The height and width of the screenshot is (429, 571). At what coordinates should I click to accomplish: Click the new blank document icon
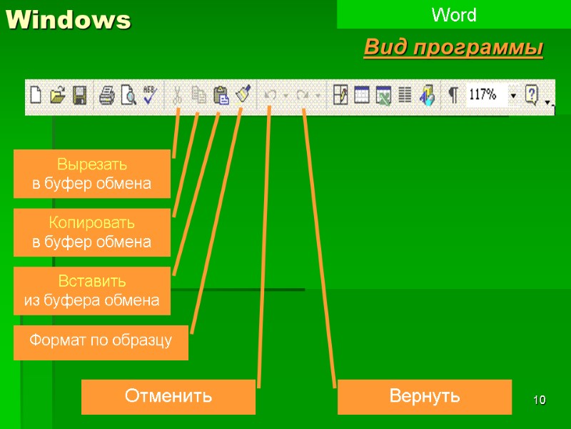[x=36, y=95]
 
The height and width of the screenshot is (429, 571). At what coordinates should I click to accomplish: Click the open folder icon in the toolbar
[x=58, y=95]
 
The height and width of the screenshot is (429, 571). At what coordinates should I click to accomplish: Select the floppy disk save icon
[x=79, y=95]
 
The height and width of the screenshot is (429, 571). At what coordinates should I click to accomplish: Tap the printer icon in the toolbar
[x=106, y=95]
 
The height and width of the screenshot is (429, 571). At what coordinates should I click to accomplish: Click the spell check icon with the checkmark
[x=149, y=95]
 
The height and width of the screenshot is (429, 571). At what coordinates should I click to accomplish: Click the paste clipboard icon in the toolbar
[x=221, y=95]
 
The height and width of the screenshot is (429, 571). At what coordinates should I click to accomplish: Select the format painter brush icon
[x=243, y=94]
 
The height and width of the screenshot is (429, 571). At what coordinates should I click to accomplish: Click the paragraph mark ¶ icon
[x=453, y=95]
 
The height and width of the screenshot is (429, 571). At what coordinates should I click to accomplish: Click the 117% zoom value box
[x=485, y=95]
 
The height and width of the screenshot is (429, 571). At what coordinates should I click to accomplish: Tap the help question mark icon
[x=531, y=95]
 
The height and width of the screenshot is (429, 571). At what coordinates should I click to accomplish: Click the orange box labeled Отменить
[x=168, y=396]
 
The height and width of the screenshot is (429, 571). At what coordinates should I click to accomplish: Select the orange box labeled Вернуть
[x=424, y=396]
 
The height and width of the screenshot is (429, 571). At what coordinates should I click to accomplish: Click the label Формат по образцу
[x=101, y=341]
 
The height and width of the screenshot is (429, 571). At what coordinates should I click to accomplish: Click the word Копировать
[x=92, y=224]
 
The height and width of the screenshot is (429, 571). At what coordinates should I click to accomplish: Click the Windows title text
[x=69, y=21]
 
